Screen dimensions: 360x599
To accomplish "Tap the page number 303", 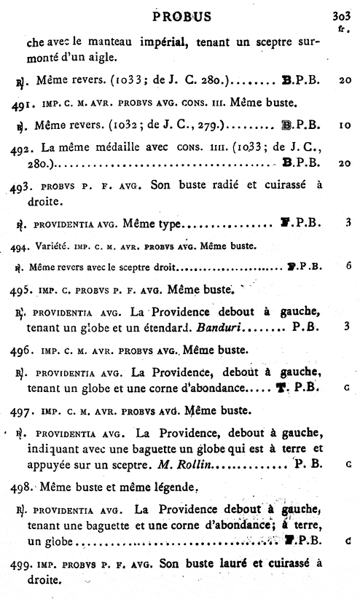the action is click(x=340, y=15).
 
